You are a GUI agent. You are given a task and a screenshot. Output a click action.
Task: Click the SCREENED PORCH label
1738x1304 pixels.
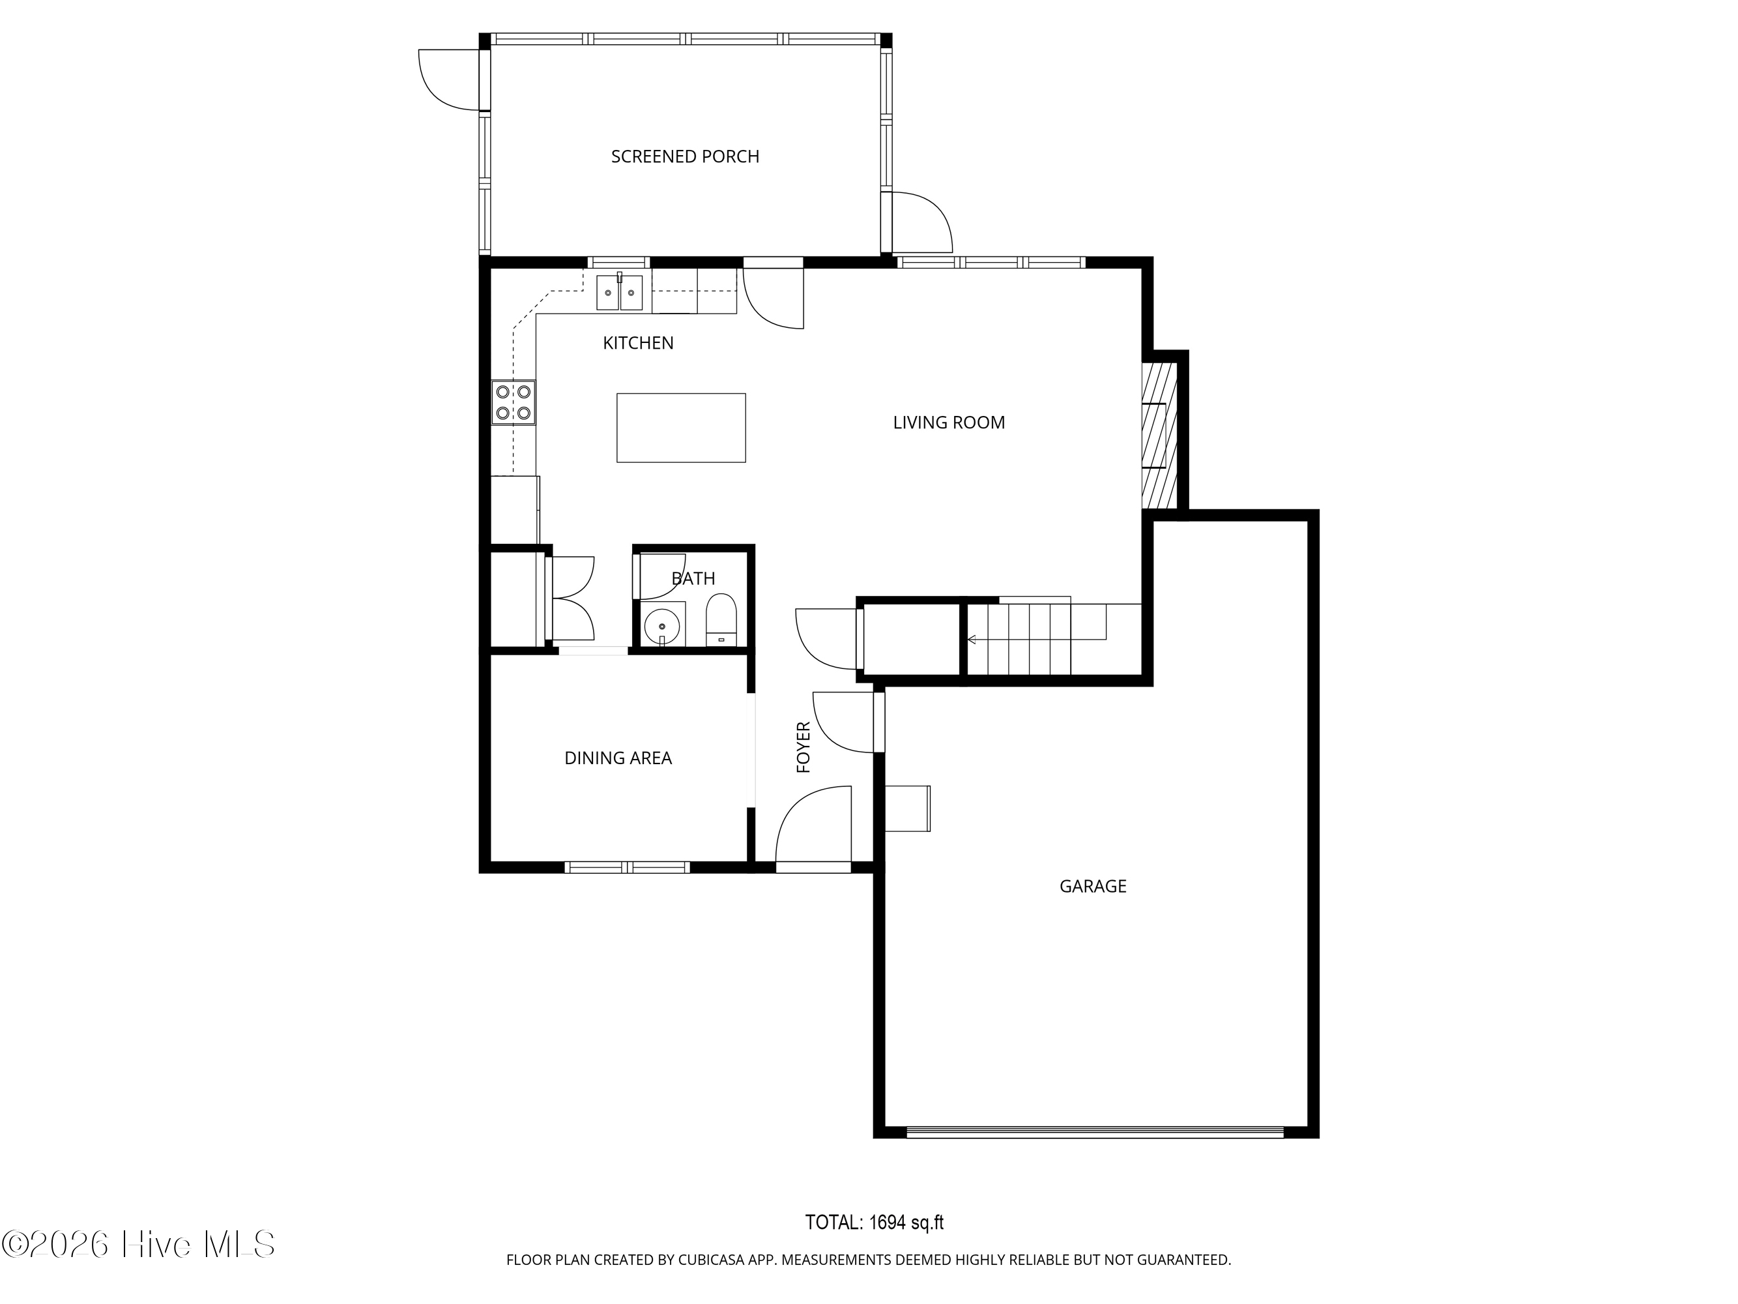pos(684,156)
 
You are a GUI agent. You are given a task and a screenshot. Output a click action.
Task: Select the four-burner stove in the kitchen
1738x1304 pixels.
pos(513,402)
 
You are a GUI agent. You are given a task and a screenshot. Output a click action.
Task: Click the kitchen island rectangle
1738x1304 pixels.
pos(680,428)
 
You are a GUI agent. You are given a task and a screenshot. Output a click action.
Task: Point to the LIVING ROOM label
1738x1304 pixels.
pos(948,423)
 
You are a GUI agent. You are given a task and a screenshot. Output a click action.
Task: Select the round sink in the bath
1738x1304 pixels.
pos(661,627)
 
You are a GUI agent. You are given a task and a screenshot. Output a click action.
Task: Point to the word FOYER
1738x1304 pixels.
pos(803,747)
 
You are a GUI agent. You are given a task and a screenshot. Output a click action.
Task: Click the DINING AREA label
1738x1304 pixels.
pos(618,758)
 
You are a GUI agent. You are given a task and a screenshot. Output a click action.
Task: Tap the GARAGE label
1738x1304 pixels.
pos(1092,887)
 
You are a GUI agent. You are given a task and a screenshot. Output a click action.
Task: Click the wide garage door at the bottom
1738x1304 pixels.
pos(1095,1133)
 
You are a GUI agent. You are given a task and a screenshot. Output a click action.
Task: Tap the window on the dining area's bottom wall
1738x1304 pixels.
pos(627,868)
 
